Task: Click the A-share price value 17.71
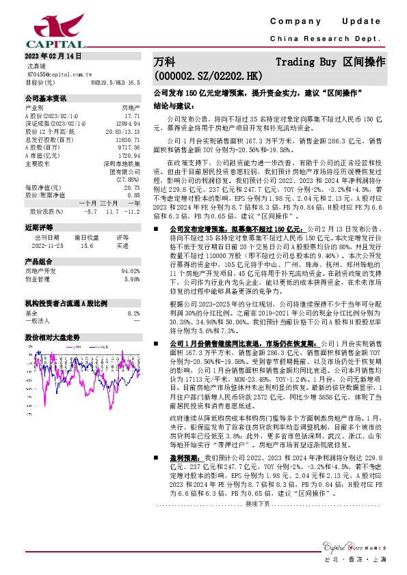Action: [x=132, y=115]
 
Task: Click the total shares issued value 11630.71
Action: [x=127, y=138]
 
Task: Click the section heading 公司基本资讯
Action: [x=45, y=98]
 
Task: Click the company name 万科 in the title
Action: [x=165, y=61]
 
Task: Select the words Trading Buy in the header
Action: [x=305, y=61]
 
